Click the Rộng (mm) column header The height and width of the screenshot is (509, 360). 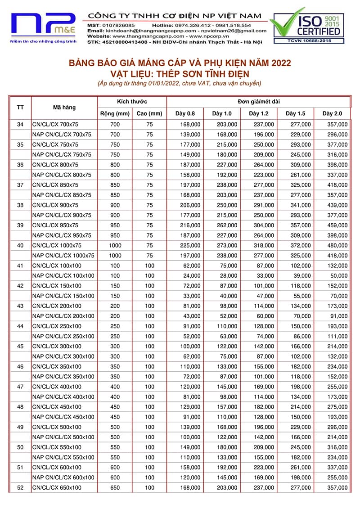click(115, 114)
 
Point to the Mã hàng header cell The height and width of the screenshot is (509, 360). click(64, 108)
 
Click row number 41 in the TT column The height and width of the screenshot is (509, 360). click(20, 266)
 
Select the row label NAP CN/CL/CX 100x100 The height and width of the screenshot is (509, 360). click(63, 275)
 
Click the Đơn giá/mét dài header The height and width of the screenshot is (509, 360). click(258, 102)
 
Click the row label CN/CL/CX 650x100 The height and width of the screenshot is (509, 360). click(57, 487)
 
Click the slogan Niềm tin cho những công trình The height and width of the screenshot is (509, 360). click(43, 41)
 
